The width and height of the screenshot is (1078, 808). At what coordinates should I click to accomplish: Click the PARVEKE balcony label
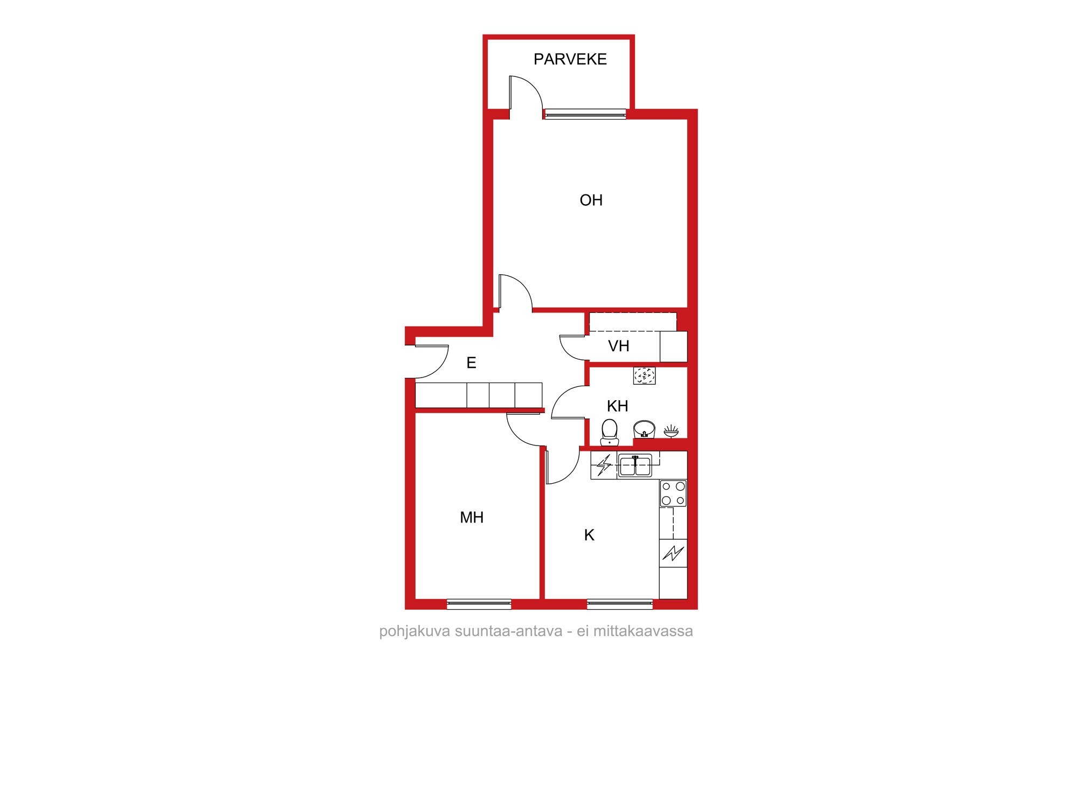click(x=570, y=59)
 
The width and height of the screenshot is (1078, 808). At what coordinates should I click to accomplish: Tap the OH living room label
click(x=591, y=200)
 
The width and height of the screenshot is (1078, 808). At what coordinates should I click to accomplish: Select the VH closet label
click(x=619, y=346)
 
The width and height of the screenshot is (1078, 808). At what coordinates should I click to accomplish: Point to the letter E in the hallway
click(x=471, y=363)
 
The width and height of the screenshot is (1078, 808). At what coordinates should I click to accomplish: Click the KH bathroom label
click(x=618, y=406)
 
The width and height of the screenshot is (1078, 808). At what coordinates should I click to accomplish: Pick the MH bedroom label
click(x=472, y=518)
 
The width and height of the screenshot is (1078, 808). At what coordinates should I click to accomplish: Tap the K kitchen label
click(x=589, y=535)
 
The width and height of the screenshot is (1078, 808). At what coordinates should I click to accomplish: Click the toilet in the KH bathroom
click(x=610, y=433)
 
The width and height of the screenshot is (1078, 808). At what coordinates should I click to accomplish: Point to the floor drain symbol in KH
click(x=645, y=375)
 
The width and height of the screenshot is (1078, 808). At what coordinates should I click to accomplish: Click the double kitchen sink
click(x=635, y=465)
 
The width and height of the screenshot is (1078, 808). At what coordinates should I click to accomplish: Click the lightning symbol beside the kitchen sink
click(x=604, y=465)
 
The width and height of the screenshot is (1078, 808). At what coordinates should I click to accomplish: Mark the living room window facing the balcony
click(x=585, y=114)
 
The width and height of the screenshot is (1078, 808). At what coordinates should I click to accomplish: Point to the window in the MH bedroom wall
click(x=479, y=604)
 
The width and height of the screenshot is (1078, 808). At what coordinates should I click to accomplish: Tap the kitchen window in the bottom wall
click(x=620, y=604)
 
